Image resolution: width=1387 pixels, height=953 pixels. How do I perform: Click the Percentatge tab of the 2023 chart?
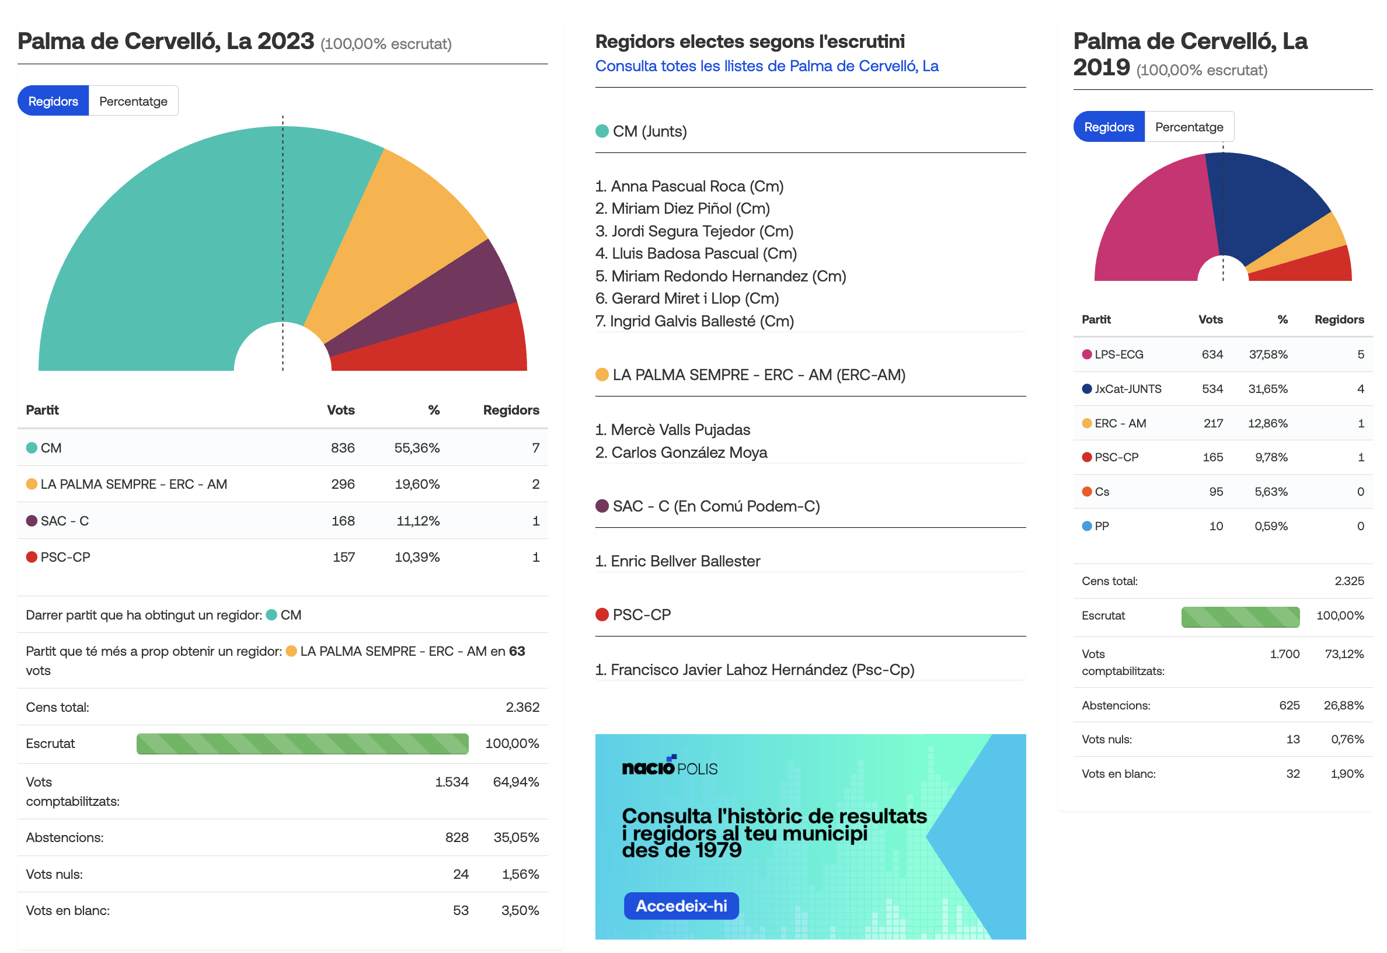point(133,101)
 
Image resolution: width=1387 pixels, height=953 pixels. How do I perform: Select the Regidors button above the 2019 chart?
point(1109,127)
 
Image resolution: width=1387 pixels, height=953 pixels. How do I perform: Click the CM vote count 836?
point(343,448)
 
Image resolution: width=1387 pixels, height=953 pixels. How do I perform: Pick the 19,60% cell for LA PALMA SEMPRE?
point(417,484)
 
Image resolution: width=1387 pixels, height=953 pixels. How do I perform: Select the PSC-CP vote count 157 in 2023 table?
point(343,557)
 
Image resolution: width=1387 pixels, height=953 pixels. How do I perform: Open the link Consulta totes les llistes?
point(766,67)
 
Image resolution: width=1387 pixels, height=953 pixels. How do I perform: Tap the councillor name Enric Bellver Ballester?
point(685,561)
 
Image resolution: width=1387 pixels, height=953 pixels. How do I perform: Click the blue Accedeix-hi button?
point(681,906)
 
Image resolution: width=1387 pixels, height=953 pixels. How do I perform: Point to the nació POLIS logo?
point(669,766)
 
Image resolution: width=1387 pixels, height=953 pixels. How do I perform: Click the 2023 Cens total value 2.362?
point(522,707)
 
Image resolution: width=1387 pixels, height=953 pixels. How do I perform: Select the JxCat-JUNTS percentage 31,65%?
point(1268,389)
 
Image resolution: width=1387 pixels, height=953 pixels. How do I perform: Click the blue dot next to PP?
point(1087,526)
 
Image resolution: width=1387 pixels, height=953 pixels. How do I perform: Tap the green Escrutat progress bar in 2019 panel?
point(1240,617)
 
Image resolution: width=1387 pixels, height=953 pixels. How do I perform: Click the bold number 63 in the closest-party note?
point(517,651)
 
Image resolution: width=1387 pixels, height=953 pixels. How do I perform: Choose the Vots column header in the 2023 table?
point(341,410)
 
